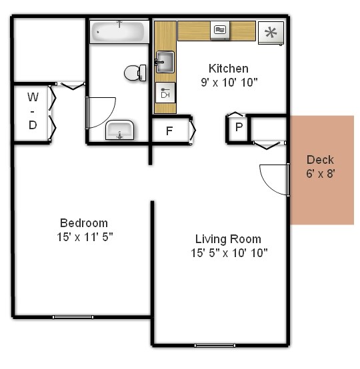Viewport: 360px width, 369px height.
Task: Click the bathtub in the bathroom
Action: coord(119,31)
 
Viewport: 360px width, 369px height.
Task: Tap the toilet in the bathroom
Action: coord(136,72)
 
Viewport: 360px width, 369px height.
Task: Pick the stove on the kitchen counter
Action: coord(220,30)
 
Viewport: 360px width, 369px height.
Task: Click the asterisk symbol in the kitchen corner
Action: coord(271,33)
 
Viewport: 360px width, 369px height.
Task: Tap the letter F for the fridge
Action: coord(169,130)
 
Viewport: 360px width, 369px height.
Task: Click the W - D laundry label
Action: coord(32,111)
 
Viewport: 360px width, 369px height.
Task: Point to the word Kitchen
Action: coord(228,69)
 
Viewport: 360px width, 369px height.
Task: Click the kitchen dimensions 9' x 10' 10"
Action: coord(228,82)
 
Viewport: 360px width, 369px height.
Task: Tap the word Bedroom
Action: coord(83,223)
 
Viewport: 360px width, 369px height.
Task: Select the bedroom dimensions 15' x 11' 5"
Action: coord(83,236)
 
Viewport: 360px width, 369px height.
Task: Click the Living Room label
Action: coord(228,239)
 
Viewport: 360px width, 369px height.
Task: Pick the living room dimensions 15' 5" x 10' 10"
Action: coord(228,252)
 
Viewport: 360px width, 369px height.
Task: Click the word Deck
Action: coord(320,160)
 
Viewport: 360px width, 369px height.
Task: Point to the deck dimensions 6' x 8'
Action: coord(320,173)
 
